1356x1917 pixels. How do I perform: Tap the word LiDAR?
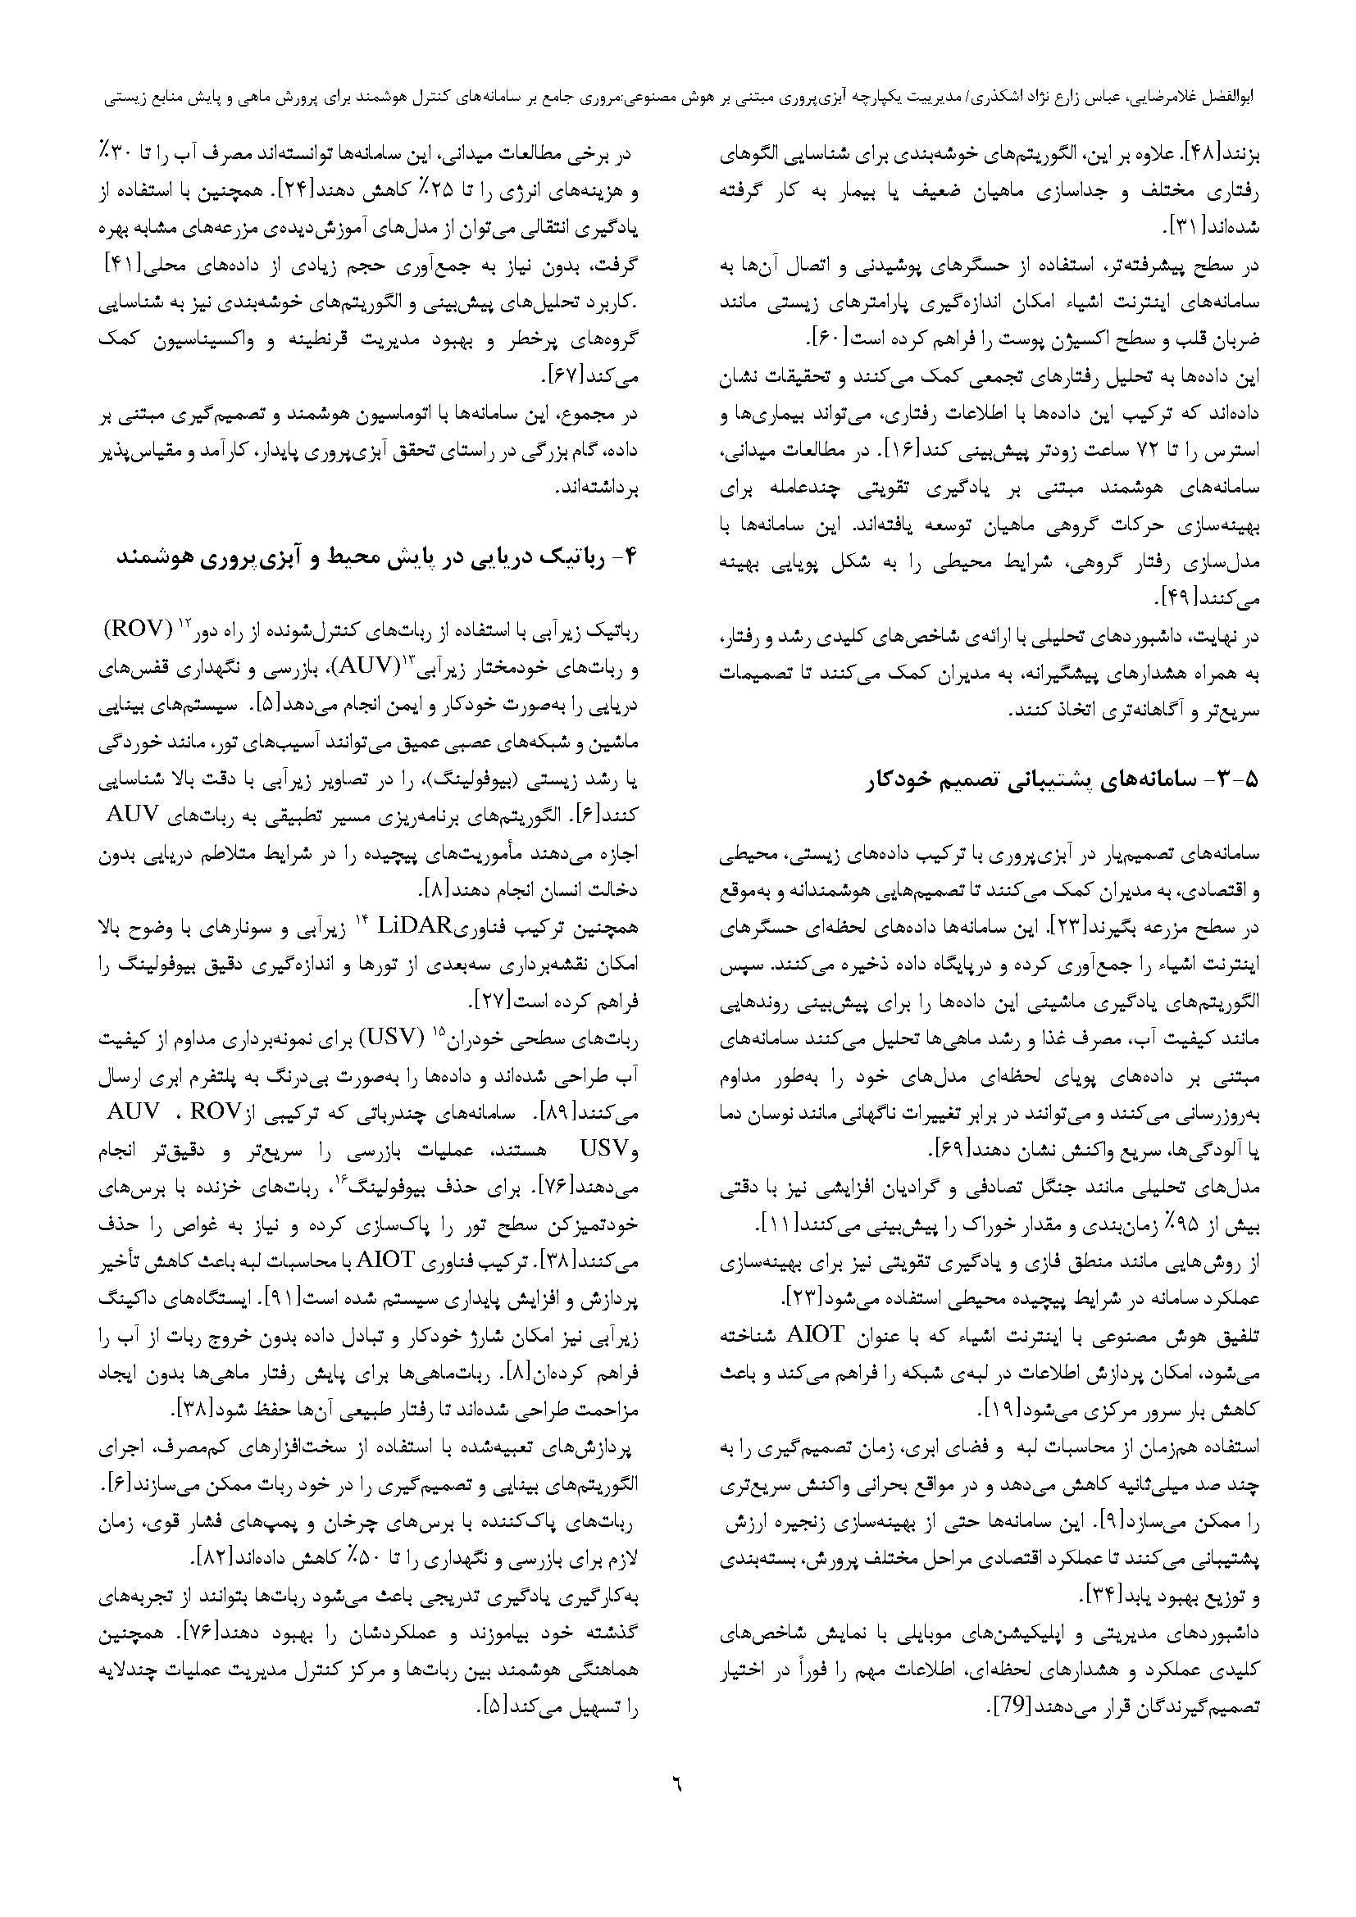[x=415, y=926]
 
